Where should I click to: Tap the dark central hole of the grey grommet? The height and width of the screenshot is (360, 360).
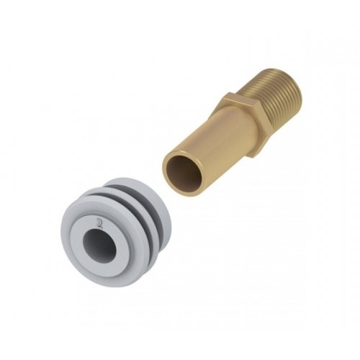(99, 245)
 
